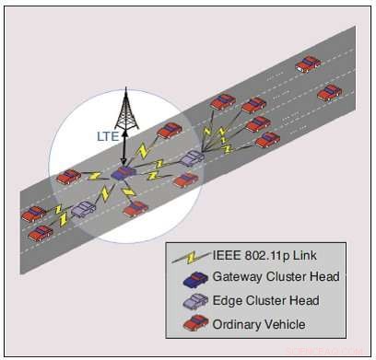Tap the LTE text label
point(109,135)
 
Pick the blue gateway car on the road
point(123,172)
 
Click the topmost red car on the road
point(308,64)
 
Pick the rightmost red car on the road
point(329,92)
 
